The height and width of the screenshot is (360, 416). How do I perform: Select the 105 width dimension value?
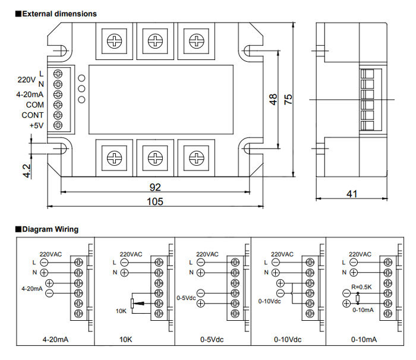click(x=155, y=201)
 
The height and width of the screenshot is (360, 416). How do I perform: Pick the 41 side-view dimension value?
click(x=353, y=194)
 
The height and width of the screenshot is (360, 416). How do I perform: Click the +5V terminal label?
click(x=36, y=125)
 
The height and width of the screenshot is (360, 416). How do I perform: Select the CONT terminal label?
click(x=33, y=115)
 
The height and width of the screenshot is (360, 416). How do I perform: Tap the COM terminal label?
click(x=34, y=105)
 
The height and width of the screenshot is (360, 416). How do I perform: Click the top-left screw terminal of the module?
click(x=114, y=40)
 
